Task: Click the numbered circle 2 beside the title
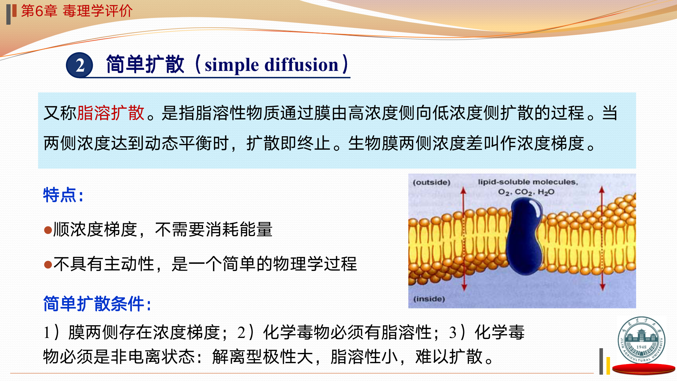pos(80,65)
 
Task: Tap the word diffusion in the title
pos(301,65)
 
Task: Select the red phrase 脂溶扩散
pos(111,113)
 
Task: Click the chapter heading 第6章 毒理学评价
pos(77,11)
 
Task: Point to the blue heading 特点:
pos(63,195)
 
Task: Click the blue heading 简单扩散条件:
pos(97,304)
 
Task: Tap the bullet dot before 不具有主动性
pos(48,265)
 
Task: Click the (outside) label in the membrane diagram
pos(432,182)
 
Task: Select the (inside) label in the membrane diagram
pos(429,299)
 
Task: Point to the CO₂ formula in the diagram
pos(524,192)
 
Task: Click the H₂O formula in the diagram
pos(546,192)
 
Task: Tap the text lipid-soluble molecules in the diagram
pos(527,182)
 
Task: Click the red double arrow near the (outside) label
pos(464,239)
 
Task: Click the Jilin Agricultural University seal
pos(641,340)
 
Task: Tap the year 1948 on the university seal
pos(641,347)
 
